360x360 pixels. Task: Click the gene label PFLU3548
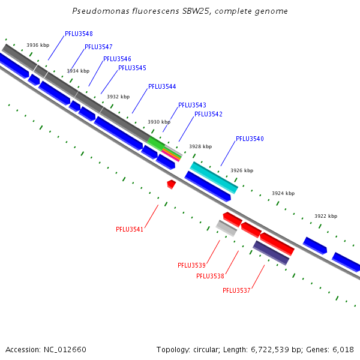coord(79,34)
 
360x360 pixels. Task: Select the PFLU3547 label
coord(98,47)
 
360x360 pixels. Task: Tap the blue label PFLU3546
coord(117,59)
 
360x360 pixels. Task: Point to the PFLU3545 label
coord(132,68)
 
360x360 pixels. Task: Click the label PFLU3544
coord(162,86)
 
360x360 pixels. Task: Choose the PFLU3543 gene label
coord(192,105)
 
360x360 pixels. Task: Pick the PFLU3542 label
coord(208,114)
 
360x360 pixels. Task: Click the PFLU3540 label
coord(250,139)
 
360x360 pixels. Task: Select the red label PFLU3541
coord(130,229)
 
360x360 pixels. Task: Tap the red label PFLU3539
coord(191,265)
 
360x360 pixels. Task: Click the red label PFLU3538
coord(210,276)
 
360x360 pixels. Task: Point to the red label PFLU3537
coord(236,290)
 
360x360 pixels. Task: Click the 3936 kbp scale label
coord(38,45)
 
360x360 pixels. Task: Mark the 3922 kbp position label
coord(326,216)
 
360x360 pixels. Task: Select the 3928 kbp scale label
coord(200,146)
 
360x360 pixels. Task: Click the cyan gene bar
coord(214,177)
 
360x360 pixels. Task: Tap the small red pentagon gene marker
coord(171,184)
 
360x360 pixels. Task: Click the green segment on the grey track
coord(155,143)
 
